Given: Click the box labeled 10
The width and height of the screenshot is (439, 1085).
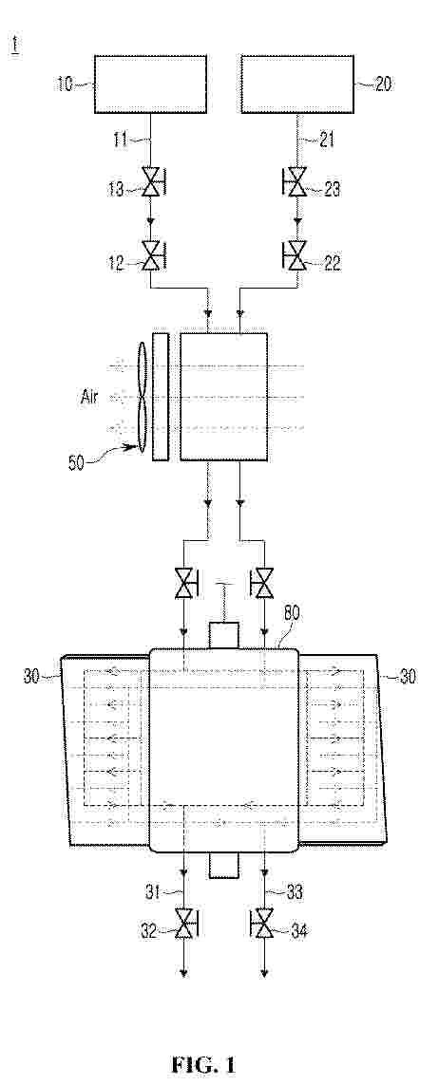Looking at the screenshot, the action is click(149, 84).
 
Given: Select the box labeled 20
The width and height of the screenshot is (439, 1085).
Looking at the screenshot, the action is click(296, 84).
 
